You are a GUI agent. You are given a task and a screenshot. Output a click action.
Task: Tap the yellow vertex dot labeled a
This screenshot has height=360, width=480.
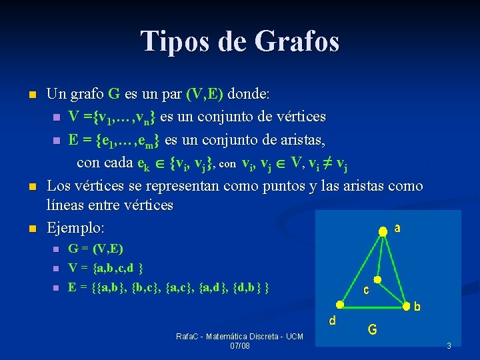(x=383, y=231)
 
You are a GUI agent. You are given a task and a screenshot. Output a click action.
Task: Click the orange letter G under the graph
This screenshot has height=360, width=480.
(x=373, y=329)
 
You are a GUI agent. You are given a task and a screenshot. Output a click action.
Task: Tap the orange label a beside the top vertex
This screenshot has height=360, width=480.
(x=397, y=228)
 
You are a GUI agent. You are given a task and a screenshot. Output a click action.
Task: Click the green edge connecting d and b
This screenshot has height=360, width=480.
(x=373, y=305)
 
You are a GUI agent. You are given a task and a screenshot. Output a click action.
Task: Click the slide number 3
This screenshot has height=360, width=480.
(x=449, y=345)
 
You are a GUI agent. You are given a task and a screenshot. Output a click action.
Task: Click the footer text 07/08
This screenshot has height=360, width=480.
(x=239, y=346)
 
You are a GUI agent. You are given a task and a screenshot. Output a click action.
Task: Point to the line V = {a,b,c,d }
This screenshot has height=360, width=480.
(x=106, y=268)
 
